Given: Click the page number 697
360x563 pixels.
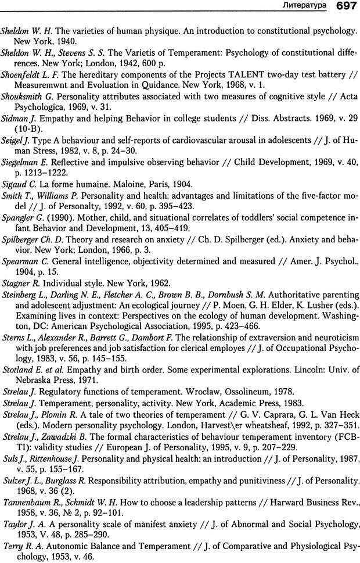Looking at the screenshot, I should [345, 6].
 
